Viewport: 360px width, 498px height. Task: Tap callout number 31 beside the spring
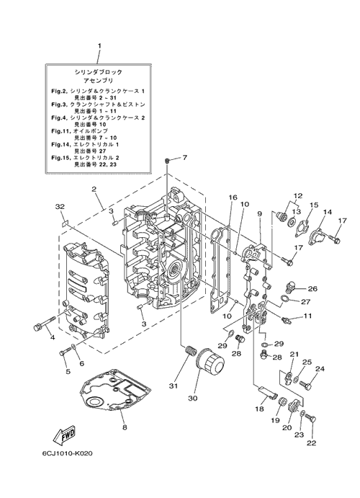pyautogui.click(x=174, y=386)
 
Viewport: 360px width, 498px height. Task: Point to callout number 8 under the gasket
pyautogui.click(x=125, y=427)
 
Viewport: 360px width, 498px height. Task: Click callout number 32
pyautogui.click(x=60, y=207)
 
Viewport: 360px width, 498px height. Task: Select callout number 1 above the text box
pyautogui.click(x=99, y=45)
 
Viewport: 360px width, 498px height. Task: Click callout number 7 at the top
pyautogui.click(x=184, y=157)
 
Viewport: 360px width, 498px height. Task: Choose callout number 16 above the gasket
pyautogui.click(x=233, y=197)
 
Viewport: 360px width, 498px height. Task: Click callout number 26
pyautogui.click(x=312, y=289)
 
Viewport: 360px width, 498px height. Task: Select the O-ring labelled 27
pyautogui.click(x=285, y=298)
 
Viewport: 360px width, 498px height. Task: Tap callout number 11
pyautogui.click(x=307, y=316)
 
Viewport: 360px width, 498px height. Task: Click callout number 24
pyautogui.click(x=320, y=369)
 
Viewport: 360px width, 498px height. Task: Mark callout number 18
pyautogui.click(x=259, y=409)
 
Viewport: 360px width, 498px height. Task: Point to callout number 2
pyautogui.click(x=94, y=189)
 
